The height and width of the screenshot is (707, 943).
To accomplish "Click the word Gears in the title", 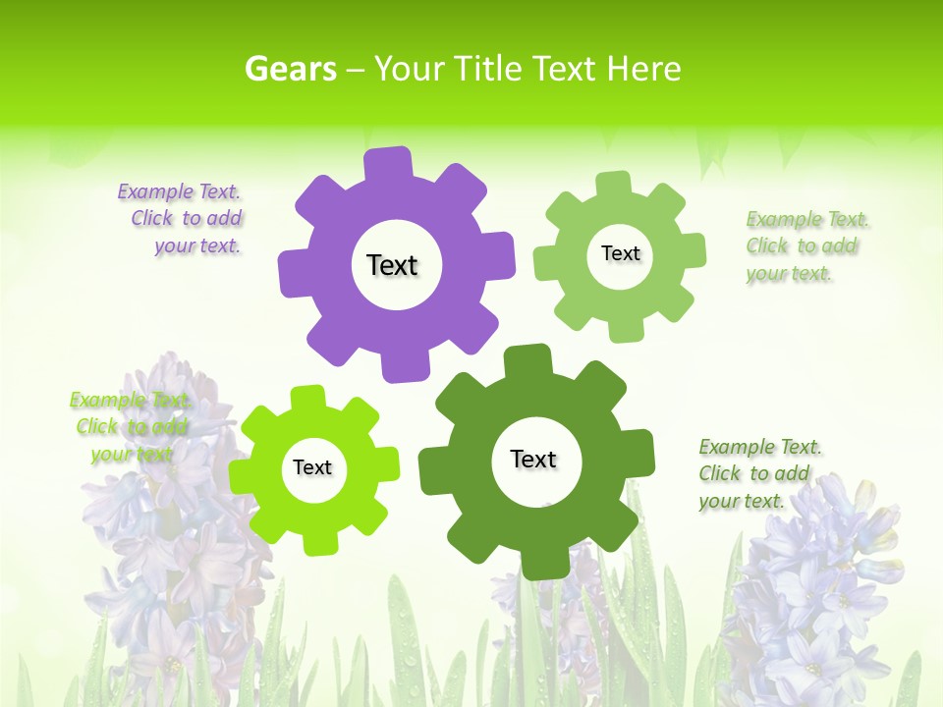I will pyautogui.click(x=290, y=69).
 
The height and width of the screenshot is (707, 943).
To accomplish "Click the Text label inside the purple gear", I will pyautogui.click(x=392, y=265).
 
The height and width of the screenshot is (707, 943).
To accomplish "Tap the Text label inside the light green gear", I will pyautogui.click(x=620, y=253).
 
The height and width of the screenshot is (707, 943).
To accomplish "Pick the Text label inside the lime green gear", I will pyautogui.click(x=312, y=467).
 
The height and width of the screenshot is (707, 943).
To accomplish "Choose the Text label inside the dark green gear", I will pyautogui.click(x=533, y=459).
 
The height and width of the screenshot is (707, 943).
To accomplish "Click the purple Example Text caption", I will pyautogui.click(x=181, y=219).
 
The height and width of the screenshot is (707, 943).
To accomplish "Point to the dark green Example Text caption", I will pyautogui.click(x=759, y=473).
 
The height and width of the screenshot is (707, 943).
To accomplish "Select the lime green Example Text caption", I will pyautogui.click(x=130, y=426).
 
